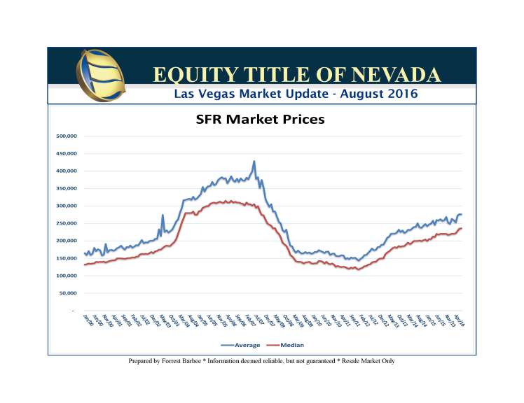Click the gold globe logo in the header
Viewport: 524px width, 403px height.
pos(102,74)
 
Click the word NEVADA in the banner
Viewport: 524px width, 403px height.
pos(397,75)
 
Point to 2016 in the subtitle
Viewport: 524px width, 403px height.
pos(401,93)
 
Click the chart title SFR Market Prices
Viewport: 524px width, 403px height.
pos(260,120)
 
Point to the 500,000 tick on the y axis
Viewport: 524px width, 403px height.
pos(68,136)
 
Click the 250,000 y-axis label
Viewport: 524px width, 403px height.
pos(68,223)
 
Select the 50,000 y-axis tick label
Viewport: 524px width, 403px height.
pos(69,293)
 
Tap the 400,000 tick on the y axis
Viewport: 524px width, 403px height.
pos(68,171)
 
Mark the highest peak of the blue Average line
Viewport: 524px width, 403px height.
pos(254,162)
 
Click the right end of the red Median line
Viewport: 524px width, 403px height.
pos(462,228)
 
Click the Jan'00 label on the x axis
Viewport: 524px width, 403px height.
pos(87,320)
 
